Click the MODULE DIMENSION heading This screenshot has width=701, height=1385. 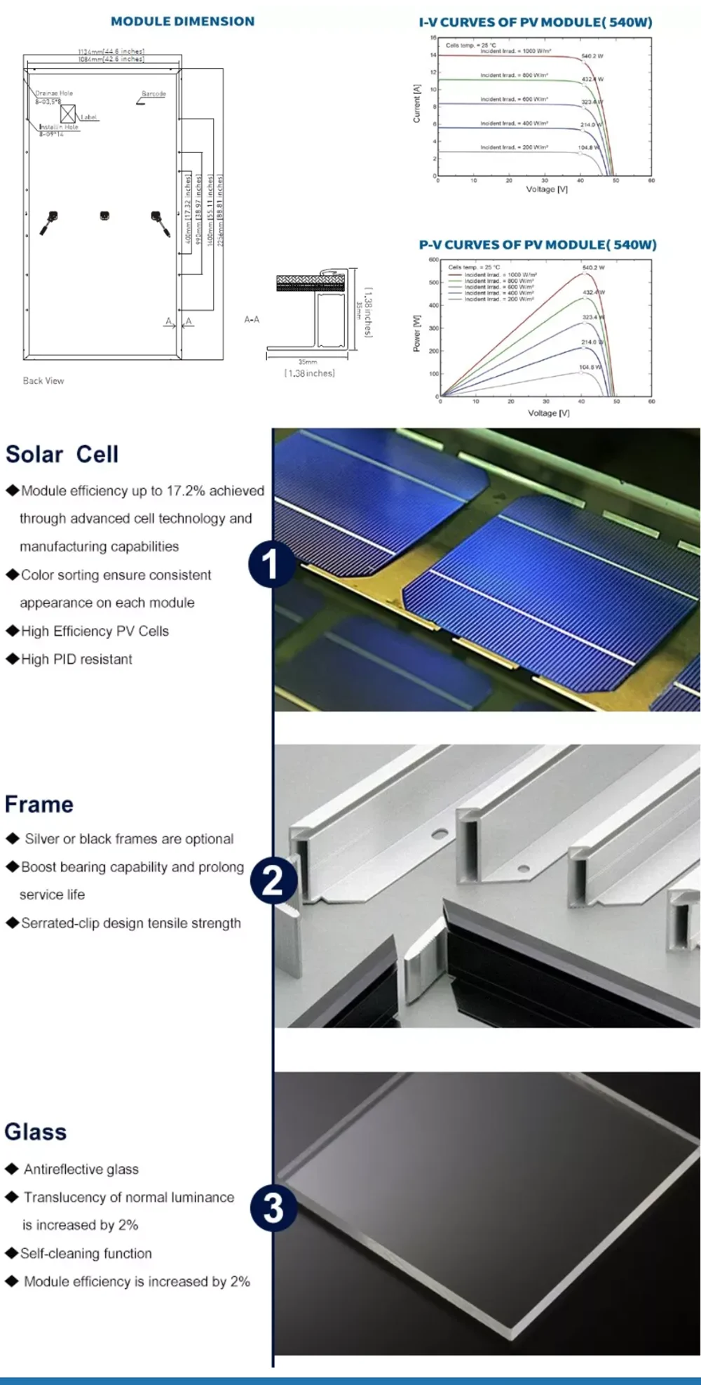[x=182, y=22]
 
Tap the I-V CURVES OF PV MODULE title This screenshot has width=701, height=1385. [x=536, y=22]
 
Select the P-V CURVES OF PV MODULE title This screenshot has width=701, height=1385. [x=538, y=245]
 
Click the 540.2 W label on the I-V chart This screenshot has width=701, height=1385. [x=592, y=56]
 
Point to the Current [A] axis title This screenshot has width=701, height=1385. [x=417, y=104]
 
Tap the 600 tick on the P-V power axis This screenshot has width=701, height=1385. [x=434, y=260]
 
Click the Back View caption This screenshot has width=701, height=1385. [x=43, y=381]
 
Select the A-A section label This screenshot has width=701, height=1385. [x=252, y=320]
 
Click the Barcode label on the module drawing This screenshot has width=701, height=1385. [x=154, y=94]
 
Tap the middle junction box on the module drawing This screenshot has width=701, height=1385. [x=104, y=215]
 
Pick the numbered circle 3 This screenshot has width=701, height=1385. [x=273, y=1208]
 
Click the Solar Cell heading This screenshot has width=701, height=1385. [x=62, y=455]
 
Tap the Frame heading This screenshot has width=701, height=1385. [x=39, y=805]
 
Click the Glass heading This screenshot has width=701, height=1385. [x=36, y=1132]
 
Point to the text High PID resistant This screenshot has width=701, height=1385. [x=76, y=660]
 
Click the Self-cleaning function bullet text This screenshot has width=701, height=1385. [x=86, y=1254]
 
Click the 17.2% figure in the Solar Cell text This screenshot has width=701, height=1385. [x=185, y=491]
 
